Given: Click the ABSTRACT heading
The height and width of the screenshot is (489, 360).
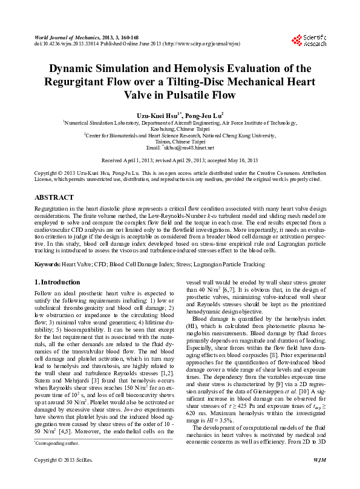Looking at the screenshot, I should [54, 197].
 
